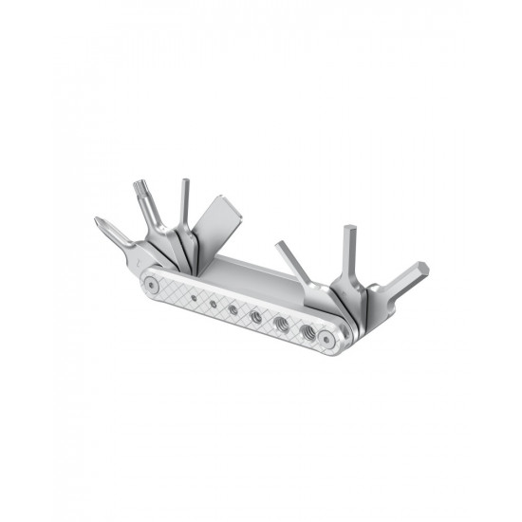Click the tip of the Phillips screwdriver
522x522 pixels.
[100, 223]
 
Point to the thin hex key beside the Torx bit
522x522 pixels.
[185, 204]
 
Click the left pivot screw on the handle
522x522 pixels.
[152, 283]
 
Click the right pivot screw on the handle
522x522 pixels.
[326, 337]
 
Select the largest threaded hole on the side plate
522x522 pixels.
[306, 331]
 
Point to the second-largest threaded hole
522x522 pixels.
[281, 324]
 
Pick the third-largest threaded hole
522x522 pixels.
[256, 316]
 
